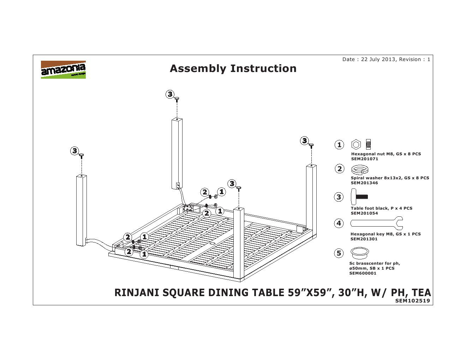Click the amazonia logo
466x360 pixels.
coord(63,70)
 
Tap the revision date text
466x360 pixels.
coord(386,59)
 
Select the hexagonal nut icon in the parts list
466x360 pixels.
coord(356,144)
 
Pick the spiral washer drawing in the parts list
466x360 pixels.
coord(360,170)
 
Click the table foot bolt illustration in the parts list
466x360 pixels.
coord(359,197)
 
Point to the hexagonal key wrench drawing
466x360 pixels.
coord(376,223)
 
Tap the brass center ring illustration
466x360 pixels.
coord(360,252)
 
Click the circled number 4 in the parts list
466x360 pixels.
coord(339,223)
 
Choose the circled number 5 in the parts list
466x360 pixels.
coord(339,253)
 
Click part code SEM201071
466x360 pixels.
coord(364,159)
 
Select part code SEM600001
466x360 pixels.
coord(363,273)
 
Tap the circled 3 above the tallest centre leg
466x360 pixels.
coord(170,94)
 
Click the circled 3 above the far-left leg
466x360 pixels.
coord(74,151)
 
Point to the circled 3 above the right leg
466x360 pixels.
coord(304,141)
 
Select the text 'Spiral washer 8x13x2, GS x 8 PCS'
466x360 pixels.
coord(390,178)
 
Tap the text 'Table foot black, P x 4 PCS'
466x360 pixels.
coord(381,208)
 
